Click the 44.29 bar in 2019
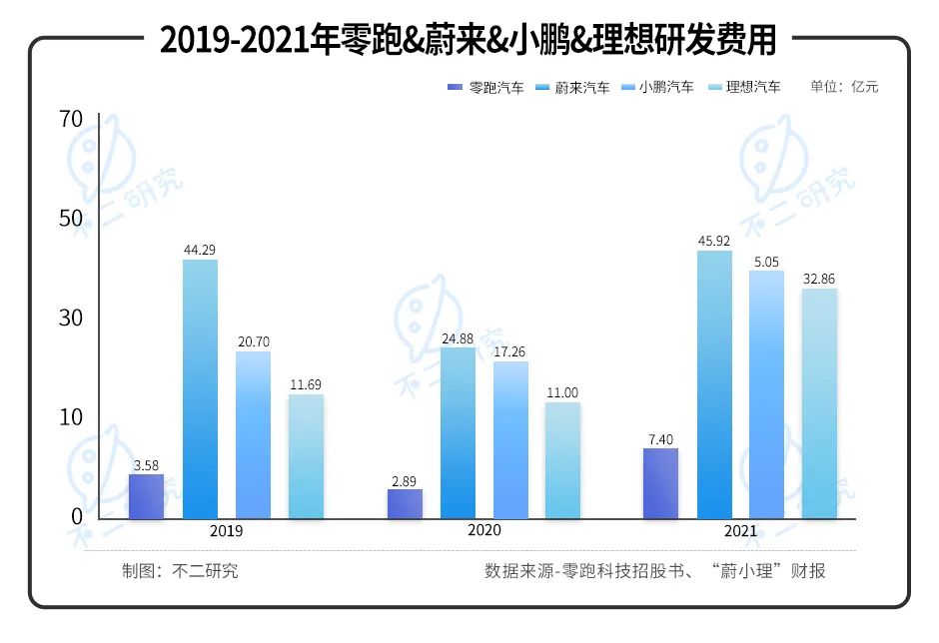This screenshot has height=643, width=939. click(x=200, y=389)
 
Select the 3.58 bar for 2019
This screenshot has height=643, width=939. click(x=147, y=496)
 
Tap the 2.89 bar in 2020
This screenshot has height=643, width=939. click(x=405, y=504)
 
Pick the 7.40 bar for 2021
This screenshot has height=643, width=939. click(x=661, y=483)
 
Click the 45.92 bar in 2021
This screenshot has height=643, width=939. click(x=714, y=384)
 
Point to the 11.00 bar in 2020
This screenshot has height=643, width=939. click(x=562, y=460)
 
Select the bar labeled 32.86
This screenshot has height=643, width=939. click(x=820, y=403)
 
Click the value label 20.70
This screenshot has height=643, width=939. click(x=254, y=341)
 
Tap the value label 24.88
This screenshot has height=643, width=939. click(x=458, y=337)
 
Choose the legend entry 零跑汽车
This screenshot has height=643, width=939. click(x=485, y=88)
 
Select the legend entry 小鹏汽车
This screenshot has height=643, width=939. click(x=657, y=88)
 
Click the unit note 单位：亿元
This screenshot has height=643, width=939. click(x=844, y=88)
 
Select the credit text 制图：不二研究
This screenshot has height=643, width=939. click(x=180, y=571)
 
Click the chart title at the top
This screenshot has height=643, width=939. click(x=469, y=41)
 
